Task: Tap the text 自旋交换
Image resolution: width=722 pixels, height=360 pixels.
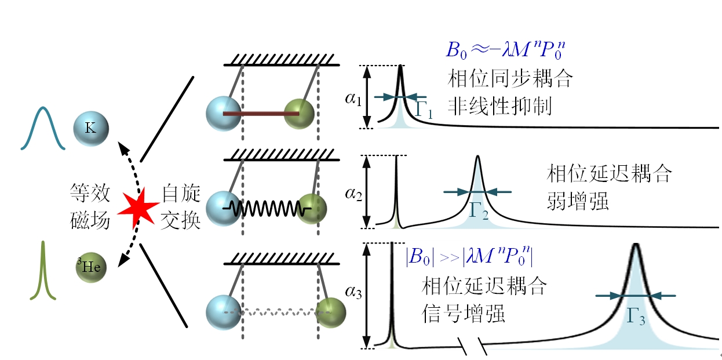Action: point(180,206)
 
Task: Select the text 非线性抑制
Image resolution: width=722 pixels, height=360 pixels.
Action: point(499,106)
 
